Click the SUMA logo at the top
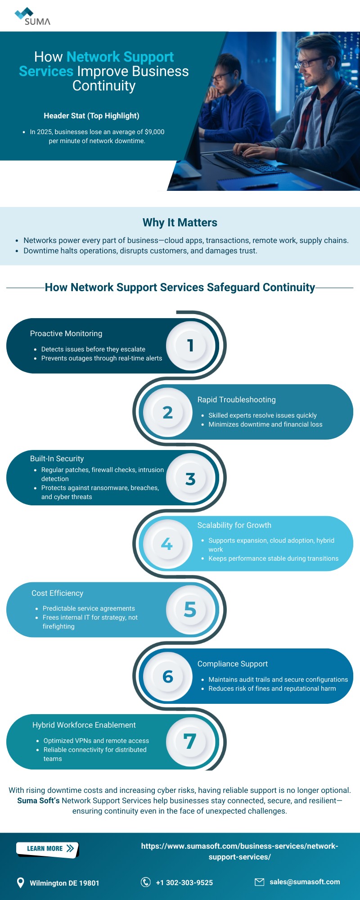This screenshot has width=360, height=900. click(33, 17)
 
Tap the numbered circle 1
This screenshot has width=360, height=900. click(191, 346)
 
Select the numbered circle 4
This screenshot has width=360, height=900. click(167, 544)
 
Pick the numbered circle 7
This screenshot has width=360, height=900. click(190, 741)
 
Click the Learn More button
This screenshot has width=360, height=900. click(47, 849)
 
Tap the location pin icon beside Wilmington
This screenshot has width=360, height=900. click(20, 882)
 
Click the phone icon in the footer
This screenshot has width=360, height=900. click(146, 882)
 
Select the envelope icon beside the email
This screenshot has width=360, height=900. click(260, 882)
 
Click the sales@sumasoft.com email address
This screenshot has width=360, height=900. click(305, 882)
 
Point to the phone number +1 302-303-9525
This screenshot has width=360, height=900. click(184, 882)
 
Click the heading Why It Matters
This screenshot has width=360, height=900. click(180, 223)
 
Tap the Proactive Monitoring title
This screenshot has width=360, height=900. click(66, 333)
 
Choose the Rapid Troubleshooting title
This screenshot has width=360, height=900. click(237, 400)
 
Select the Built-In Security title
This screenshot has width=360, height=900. click(57, 459)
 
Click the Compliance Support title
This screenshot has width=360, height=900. click(233, 664)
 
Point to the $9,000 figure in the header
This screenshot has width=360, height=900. click(154, 132)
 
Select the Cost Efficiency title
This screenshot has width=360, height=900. click(58, 593)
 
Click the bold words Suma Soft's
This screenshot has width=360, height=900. click(38, 801)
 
